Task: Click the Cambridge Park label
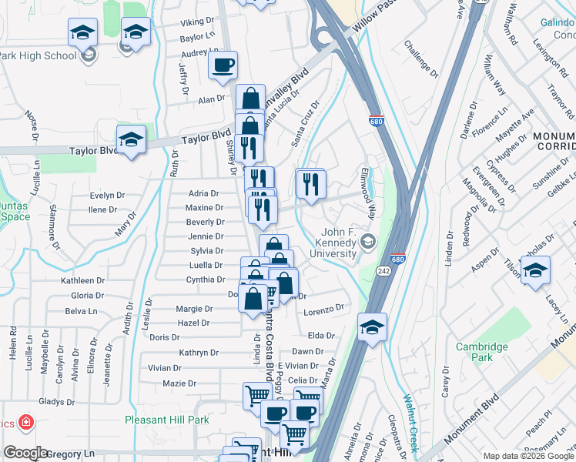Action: pos(482,352)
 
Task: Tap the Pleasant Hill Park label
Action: pos(167,420)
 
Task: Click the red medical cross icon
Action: pos(25,423)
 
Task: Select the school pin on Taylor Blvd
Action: pos(131,140)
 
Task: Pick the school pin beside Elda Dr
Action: pos(372,327)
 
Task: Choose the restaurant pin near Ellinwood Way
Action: pos(310,185)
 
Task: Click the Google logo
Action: pos(25,453)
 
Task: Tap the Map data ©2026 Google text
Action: pos(527,456)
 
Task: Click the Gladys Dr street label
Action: pos(56,401)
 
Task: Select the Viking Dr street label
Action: pos(197,22)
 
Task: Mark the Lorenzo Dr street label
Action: pos(323,309)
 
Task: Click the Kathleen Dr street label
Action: pos(82,281)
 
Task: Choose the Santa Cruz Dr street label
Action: pos(305,123)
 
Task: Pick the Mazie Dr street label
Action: pos(179,383)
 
